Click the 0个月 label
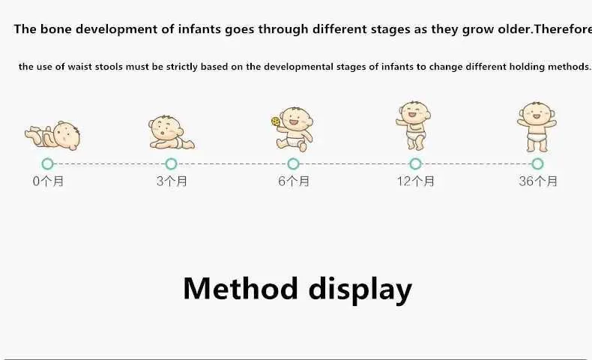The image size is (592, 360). click(48, 181)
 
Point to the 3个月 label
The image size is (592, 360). click(172, 181)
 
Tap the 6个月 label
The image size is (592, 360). click(294, 181)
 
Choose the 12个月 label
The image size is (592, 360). click(415, 181)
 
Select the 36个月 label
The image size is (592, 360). click(538, 181)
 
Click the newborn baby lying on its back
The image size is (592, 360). click(52, 136)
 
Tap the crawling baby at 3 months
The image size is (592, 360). click(172, 132)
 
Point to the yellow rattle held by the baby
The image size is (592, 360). click(275, 121)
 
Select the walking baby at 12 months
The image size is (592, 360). click(414, 125)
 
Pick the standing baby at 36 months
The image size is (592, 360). click(537, 127)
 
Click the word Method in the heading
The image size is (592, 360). click(240, 288)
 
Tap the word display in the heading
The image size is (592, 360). click(360, 289)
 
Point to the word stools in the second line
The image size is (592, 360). click(109, 67)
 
